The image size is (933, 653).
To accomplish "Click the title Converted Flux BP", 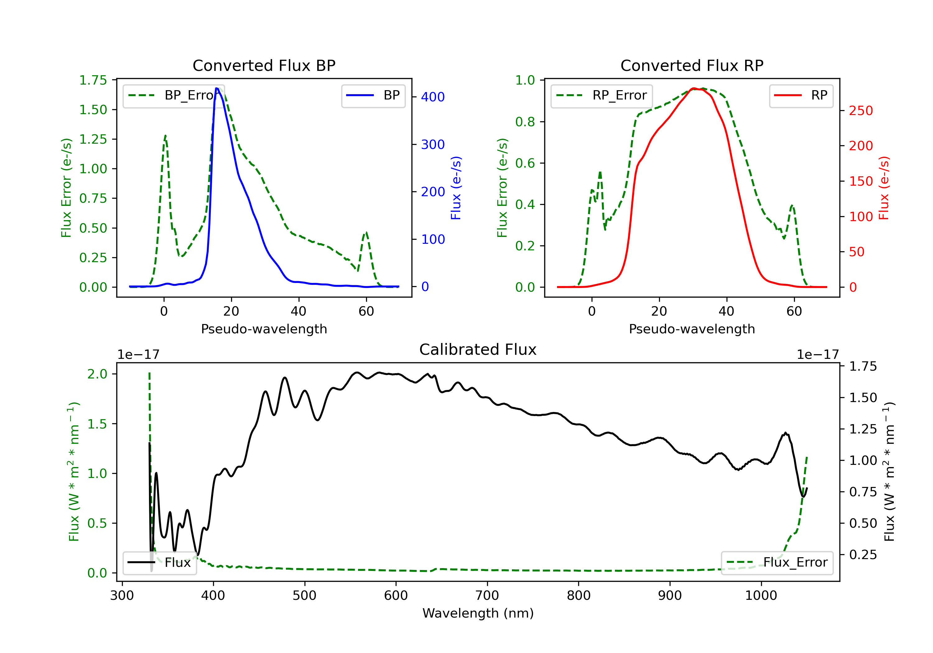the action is click(264, 65).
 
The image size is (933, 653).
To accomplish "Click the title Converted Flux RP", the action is click(692, 65).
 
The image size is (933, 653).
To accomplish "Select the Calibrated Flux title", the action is click(478, 350).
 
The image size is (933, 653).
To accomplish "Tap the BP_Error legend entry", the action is click(174, 95).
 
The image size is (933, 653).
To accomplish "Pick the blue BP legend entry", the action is click(373, 95).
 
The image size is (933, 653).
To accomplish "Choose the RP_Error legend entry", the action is click(601, 95).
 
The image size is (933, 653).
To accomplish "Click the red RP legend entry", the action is click(801, 95).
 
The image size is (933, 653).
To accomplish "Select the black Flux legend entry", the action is click(159, 563).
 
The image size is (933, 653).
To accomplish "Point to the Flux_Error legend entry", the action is click(777, 563).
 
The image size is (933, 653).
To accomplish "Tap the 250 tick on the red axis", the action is click(861, 110).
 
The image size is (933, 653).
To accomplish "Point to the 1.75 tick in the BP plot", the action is click(93, 80).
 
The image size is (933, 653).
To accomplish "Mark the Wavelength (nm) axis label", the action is click(478, 613).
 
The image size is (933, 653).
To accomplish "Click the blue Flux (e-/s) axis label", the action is click(456, 188).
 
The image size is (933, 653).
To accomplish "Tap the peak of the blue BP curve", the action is click(216, 88).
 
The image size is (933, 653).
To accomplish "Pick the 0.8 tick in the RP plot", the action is click(525, 122).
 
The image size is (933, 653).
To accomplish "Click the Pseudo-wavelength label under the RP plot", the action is click(692, 329).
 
